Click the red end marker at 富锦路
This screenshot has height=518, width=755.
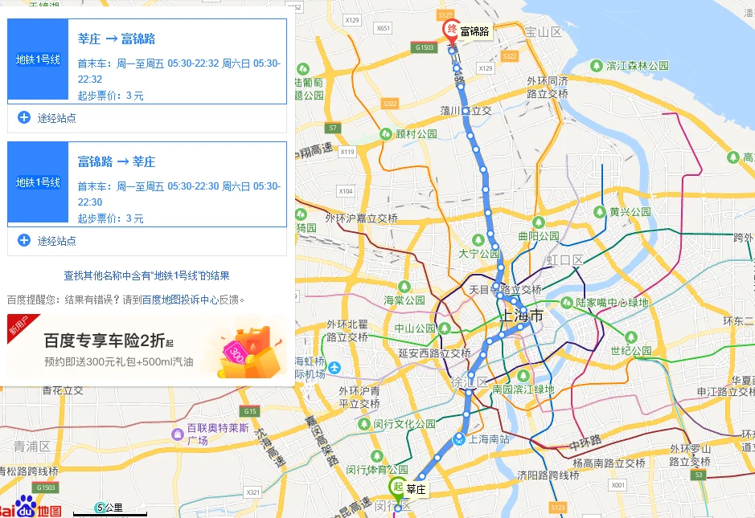(x=452, y=31)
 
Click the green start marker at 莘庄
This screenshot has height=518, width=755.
(x=396, y=487)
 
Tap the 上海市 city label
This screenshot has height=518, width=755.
(x=521, y=316)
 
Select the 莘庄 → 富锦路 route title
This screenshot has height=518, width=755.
(x=117, y=39)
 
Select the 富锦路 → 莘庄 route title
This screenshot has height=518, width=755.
(x=117, y=161)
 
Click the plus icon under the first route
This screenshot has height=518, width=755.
(x=24, y=117)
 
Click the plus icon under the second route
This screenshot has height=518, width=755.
(x=24, y=240)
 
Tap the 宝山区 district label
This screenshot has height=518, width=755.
(x=542, y=32)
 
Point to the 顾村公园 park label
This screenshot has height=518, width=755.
(x=416, y=134)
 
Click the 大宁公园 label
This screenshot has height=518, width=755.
(x=479, y=254)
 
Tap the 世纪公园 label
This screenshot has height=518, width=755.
(x=631, y=351)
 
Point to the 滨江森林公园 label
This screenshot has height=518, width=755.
(x=638, y=66)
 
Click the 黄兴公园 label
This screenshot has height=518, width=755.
(x=630, y=212)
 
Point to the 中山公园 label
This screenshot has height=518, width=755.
(x=415, y=328)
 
